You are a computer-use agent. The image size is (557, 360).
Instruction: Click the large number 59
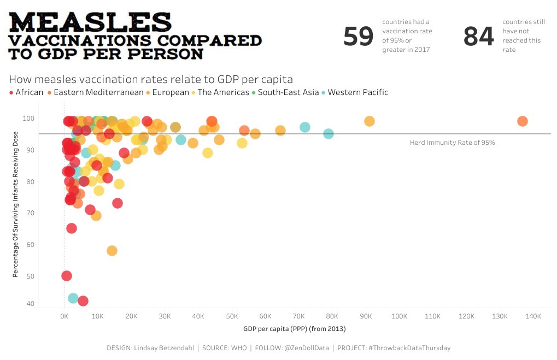point(358,37)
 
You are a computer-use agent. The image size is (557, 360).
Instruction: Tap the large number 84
point(478,37)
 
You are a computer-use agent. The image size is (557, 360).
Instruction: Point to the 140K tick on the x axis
point(533,316)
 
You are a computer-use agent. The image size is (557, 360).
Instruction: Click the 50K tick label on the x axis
point(232,316)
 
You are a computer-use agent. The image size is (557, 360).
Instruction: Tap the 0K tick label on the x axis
point(65,316)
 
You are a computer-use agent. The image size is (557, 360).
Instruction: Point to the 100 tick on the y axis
point(29,119)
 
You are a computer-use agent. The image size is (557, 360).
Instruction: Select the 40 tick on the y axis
point(31,304)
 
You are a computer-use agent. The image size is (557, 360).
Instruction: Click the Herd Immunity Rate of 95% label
point(452,142)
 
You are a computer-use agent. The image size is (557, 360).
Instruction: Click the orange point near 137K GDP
point(522,121)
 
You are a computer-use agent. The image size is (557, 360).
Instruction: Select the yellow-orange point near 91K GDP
point(370,121)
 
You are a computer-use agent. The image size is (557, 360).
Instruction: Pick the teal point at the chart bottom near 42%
point(73,298)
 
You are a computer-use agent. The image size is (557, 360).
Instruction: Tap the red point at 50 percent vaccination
point(67,276)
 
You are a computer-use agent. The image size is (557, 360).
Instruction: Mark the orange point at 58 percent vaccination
point(112,251)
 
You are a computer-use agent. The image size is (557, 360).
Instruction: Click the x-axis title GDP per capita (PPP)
point(294,329)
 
